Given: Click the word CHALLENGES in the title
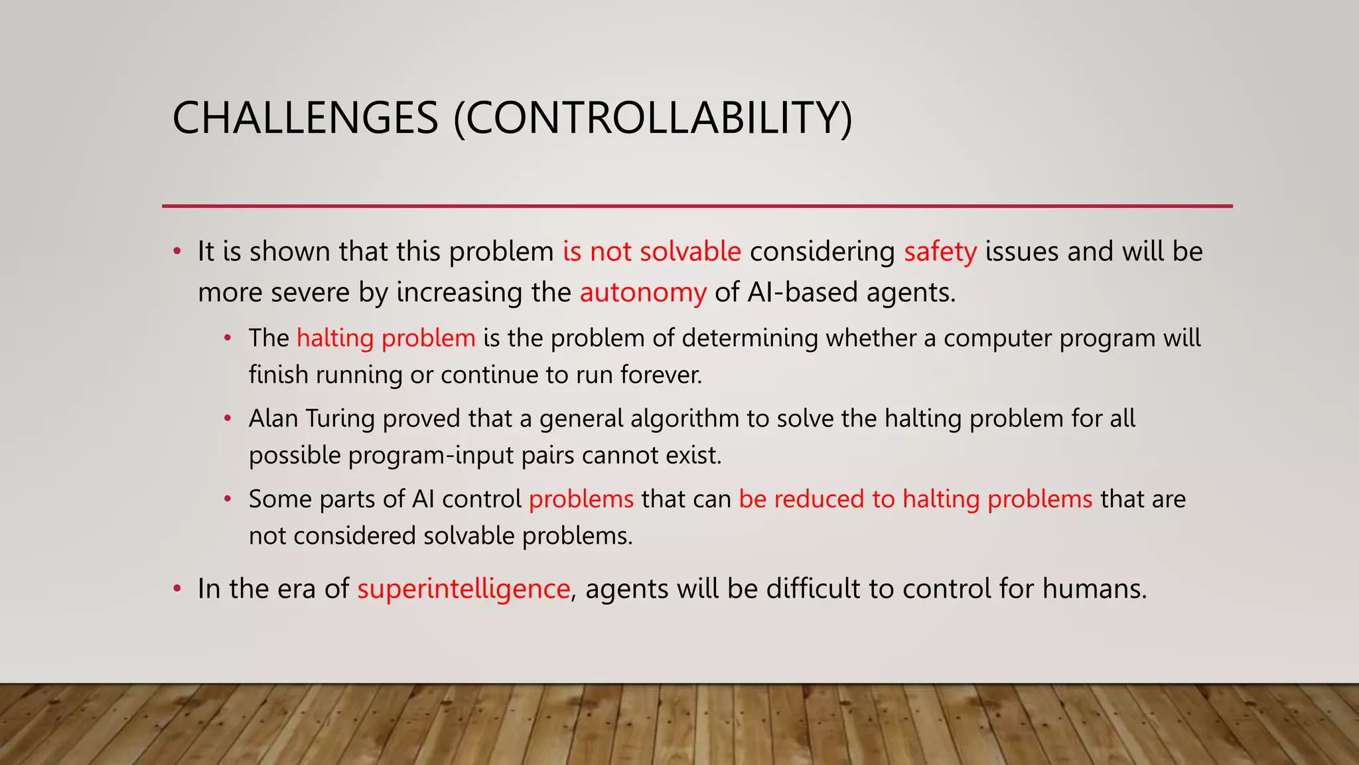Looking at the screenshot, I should pyautogui.click(x=305, y=118).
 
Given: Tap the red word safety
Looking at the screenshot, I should pyautogui.click(x=940, y=252).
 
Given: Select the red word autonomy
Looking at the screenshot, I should pyautogui.click(x=642, y=292).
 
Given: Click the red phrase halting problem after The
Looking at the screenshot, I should pyautogui.click(x=386, y=338).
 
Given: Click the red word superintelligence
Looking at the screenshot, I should pyautogui.click(x=463, y=588).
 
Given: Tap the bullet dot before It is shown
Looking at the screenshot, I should pyautogui.click(x=177, y=252).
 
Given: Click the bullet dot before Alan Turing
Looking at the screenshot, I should pyautogui.click(x=228, y=418).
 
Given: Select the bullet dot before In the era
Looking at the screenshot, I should pyautogui.click(x=177, y=589).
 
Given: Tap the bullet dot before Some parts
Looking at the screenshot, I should pyautogui.click(x=228, y=499).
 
